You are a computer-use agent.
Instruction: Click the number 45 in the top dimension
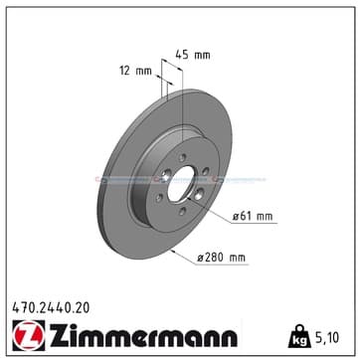pyautogui.click(x=182, y=55)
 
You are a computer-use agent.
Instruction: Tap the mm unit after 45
pyautogui.click(x=202, y=56)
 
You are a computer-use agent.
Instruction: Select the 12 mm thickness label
pyautogui.click(x=135, y=71)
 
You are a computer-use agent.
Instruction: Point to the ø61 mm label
pyautogui.click(x=253, y=217)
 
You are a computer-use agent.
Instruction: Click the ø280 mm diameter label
pyautogui.click(x=222, y=258)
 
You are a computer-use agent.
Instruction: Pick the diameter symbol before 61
pyautogui.click(x=236, y=217)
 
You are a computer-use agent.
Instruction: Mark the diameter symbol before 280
pyautogui.click(x=201, y=258)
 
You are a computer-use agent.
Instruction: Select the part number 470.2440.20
pyautogui.click(x=51, y=308)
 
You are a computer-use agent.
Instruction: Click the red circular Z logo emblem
pyautogui.click(x=29, y=334)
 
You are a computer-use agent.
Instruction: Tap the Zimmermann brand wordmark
pyautogui.click(x=143, y=335)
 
